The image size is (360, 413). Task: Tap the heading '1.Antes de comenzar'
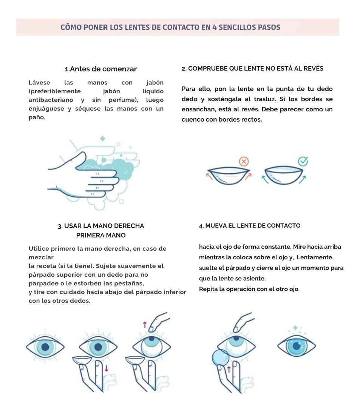click(101, 69)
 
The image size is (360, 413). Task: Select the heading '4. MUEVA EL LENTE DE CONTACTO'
click(250, 226)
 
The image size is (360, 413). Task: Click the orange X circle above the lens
click(244, 161)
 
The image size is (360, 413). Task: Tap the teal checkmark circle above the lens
click(303, 161)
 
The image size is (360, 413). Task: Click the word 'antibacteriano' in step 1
click(51, 100)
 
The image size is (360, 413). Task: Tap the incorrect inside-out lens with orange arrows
click(228, 176)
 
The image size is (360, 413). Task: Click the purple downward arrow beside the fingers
click(106, 368)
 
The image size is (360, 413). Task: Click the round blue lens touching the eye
click(221, 358)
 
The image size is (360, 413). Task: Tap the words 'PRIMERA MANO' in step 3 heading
click(101, 235)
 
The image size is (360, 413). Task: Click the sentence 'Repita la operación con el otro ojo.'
click(249, 289)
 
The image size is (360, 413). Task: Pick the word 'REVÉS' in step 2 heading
click(314, 68)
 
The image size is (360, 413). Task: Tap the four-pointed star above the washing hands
click(102, 138)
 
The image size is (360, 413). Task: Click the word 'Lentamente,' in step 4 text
click(315, 257)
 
